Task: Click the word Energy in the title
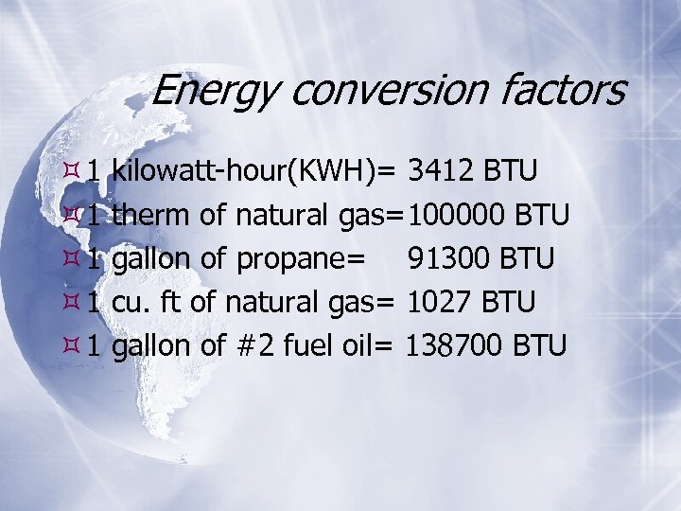pos(214,92)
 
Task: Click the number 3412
pos(441,171)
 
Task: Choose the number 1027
pos(441,303)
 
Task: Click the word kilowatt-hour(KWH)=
pos(253,171)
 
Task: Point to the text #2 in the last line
pos(251,346)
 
